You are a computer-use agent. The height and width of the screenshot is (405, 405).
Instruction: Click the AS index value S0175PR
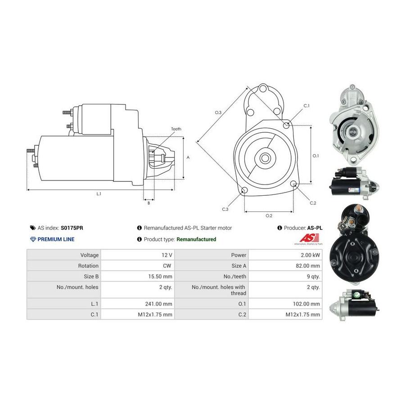point(72,228)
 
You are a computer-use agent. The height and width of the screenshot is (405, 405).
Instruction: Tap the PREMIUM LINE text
point(56,239)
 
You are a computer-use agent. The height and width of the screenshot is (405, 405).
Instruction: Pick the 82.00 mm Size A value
point(308,265)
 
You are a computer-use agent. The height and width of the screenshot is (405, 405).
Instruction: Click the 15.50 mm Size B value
point(160,276)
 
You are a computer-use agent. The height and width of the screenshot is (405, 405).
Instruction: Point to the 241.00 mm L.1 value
point(158,304)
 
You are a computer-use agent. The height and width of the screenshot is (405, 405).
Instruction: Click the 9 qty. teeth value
point(313,276)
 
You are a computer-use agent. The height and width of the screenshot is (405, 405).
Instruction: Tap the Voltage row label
point(90,255)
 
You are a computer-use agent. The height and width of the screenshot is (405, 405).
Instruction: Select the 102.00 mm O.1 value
point(306,304)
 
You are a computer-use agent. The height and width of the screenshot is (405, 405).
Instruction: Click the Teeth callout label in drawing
point(176,129)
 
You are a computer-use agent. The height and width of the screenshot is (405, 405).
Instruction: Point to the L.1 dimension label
point(99,193)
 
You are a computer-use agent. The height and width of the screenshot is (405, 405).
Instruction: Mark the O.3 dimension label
point(218,112)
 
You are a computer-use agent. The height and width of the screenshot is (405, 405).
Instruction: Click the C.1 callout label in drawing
point(306,106)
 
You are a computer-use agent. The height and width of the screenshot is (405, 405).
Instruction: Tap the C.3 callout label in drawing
point(225,209)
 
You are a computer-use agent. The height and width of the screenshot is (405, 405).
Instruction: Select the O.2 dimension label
point(269,216)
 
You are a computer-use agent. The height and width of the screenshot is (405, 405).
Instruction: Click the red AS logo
point(309,238)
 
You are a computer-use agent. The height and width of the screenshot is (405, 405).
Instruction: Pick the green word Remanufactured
point(196,239)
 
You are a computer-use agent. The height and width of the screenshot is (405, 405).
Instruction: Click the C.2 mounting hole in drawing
point(293,184)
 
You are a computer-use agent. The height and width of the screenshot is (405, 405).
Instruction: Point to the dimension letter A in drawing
point(188,157)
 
